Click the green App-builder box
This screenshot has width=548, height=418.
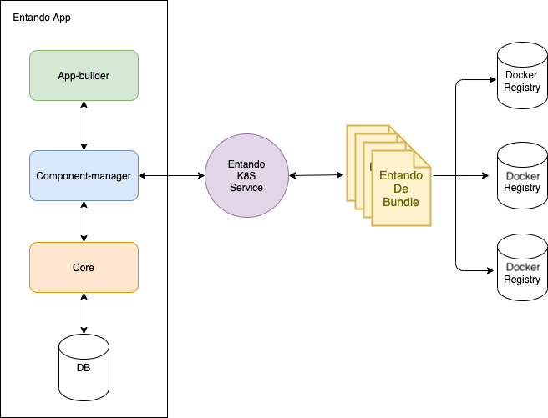coord(84,76)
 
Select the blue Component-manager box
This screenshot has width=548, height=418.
coord(84,176)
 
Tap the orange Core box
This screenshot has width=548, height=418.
coord(84,268)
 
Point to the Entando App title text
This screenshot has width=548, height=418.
coord(42,18)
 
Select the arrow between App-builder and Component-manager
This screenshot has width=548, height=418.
coord(84,126)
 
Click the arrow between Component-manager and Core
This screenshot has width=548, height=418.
coord(84,222)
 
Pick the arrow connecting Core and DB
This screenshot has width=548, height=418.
coord(84,314)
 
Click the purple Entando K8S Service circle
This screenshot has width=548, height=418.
coord(246,176)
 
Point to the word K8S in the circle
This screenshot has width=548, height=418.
coord(246,176)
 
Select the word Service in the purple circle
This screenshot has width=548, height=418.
coord(246,188)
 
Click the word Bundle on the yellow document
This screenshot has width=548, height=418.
coord(400,203)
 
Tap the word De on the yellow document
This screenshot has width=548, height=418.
coord(400,189)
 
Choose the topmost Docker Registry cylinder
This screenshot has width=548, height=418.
coord(522,77)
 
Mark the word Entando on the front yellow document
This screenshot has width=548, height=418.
coord(400,176)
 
